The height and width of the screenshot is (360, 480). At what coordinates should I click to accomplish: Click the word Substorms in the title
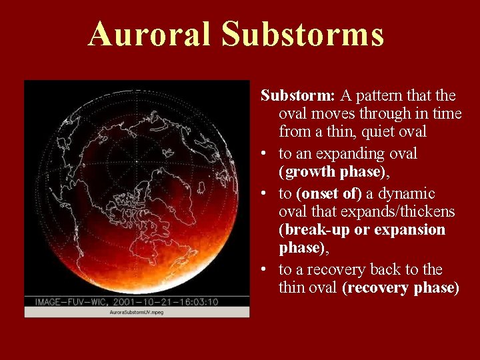pos(303,34)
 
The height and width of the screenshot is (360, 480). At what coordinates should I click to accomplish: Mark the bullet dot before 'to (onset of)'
pos(265,194)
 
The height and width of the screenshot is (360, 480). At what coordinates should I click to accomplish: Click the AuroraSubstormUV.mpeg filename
pos(137,312)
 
